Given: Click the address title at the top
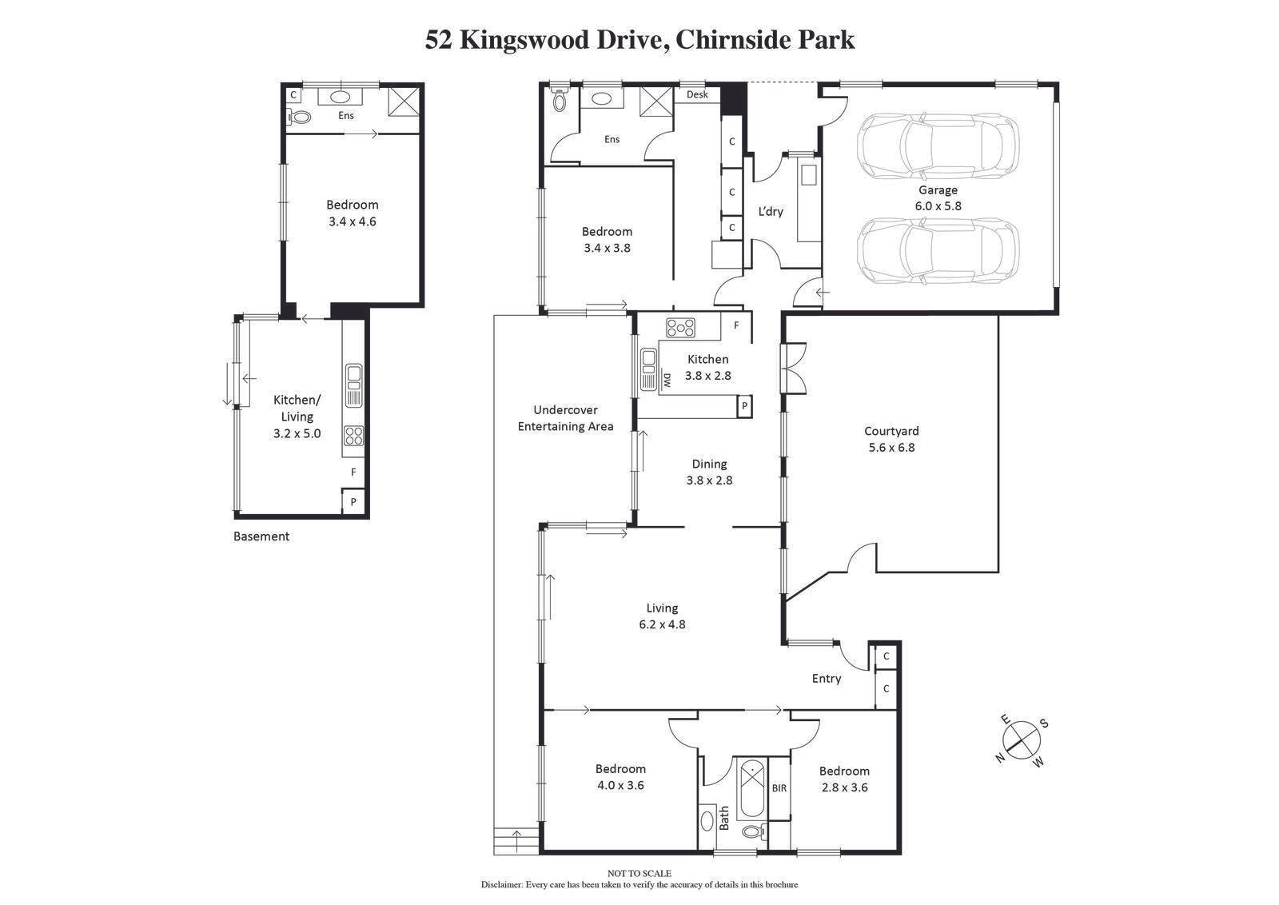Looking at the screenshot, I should pyautogui.click(x=639, y=39).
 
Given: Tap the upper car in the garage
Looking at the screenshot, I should pyautogui.click(x=938, y=146).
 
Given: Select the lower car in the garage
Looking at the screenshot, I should pyautogui.click(x=938, y=252).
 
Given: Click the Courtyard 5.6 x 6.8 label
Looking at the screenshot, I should pyautogui.click(x=891, y=439).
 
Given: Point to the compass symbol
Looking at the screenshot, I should pyautogui.click(x=1021, y=740).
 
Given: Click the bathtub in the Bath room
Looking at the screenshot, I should pyautogui.click(x=751, y=788).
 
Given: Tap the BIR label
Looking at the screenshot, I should pyautogui.click(x=779, y=788).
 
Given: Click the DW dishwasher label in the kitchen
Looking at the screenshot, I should pyautogui.click(x=666, y=381).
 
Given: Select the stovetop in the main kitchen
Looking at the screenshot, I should pyautogui.click(x=680, y=327).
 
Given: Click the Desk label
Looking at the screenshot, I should pyautogui.click(x=697, y=94).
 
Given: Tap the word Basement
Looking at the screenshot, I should pyautogui.click(x=261, y=536).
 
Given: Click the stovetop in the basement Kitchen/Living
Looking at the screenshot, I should pyautogui.click(x=354, y=436).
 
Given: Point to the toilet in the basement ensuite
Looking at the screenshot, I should pyautogui.click(x=300, y=117).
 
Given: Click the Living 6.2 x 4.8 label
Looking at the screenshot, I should pyautogui.click(x=662, y=616).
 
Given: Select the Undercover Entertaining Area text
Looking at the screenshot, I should pyautogui.click(x=565, y=418).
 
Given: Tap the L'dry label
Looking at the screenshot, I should pyautogui.click(x=771, y=211).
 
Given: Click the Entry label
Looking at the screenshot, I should pyautogui.click(x=826, y=678).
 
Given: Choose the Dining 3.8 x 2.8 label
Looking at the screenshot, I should pyautogui.click(x=709, y=472).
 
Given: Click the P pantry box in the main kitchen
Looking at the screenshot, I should pyautogui.click(x=744, y=406).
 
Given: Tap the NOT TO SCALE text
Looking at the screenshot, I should pyautogui.click(x=639, y=874).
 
